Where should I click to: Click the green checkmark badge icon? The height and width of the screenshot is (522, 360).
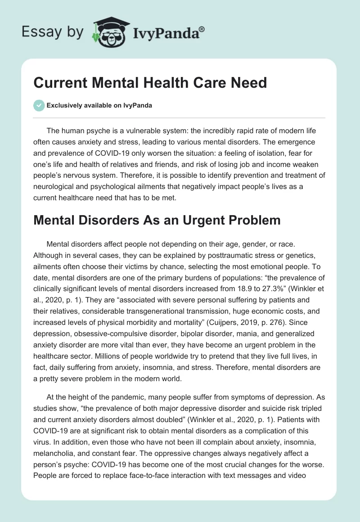click(39, 105)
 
